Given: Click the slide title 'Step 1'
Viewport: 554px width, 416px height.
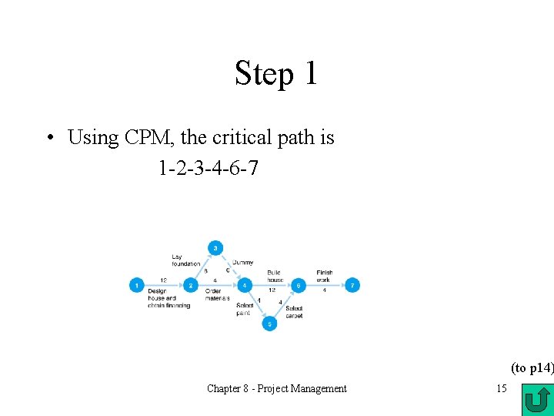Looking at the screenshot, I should point(276,73).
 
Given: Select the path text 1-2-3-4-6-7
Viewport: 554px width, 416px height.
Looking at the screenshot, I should point(208,166).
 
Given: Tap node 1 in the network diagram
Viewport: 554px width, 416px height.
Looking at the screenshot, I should point(136,285).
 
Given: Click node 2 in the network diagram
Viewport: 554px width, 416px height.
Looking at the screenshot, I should point(192,285).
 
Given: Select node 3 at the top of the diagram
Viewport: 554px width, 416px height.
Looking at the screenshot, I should point(215,247).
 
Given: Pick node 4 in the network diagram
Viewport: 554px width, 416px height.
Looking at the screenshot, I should point(244,285).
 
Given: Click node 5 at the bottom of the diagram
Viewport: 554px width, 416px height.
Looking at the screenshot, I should point(269,324).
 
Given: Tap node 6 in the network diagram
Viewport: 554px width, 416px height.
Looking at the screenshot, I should point(297,285).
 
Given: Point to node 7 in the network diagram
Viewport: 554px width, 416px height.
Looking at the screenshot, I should point(352,285).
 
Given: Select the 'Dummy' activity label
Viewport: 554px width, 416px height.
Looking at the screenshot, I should point(243,263).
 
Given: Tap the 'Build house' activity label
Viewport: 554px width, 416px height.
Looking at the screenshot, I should point(275,276).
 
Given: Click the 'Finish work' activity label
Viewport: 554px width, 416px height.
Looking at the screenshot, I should point(324,276).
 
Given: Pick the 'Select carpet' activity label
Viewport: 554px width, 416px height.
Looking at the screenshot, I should point(294,312).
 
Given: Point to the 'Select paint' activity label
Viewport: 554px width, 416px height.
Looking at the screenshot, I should point(244,310).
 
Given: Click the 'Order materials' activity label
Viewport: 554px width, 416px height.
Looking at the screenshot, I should point(218,295).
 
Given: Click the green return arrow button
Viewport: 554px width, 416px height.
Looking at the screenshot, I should point(536,400).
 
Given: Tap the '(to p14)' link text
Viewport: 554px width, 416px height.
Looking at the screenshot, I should point(532,368).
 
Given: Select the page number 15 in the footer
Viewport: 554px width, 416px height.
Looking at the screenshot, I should point(501,388).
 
